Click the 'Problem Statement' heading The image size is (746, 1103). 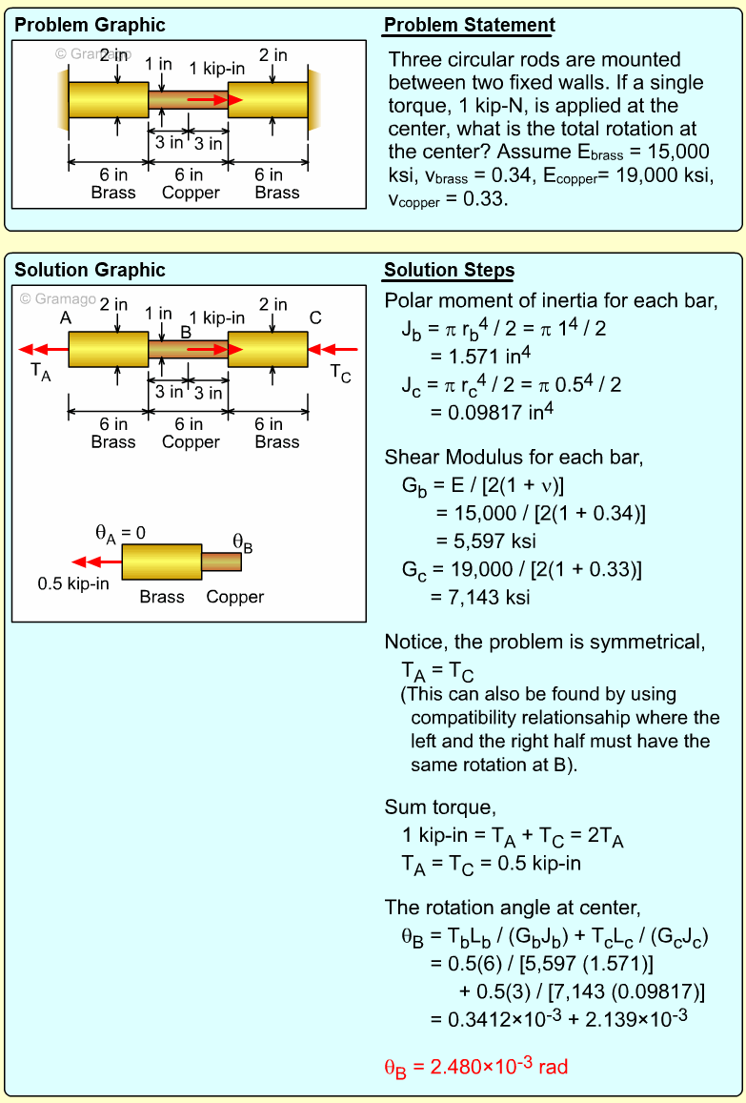click(469, 26)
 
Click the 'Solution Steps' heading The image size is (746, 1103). click(449, 271)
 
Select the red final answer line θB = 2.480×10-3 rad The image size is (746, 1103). click(475, 1067)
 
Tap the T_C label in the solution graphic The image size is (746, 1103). click(340, 373)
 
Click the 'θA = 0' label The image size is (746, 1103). click(120, 533)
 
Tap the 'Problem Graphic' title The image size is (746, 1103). click(90, 26)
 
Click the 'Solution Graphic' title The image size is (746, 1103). click(90, 271)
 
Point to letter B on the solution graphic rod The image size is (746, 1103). click(186, 332)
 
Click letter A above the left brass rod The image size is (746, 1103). click(66, 318)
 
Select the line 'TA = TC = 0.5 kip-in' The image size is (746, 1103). click(491, 865)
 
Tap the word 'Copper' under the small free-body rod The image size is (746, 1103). click(234, 598)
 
